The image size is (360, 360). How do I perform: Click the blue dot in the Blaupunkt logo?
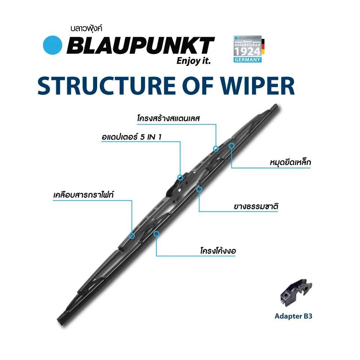[x=52, y=45]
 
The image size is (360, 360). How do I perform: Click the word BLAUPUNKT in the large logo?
[x=141, y=45]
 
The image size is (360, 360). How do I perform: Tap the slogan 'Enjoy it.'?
[x=193, y=61]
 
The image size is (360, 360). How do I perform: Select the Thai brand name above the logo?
[x=86, y=28]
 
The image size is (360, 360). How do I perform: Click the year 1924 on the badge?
[x=247, y=52]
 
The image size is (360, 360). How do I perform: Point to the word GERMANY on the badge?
[x=247, y=60]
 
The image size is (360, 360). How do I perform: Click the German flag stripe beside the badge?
[x=263, y=46]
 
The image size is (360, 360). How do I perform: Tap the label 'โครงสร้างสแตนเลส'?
[x=168, y=118]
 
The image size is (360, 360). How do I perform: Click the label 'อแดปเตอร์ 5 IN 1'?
[x=132, y=137]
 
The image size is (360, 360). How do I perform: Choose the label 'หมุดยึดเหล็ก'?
[x=290, y=162]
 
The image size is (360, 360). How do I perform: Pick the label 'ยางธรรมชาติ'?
[x=256, y=206]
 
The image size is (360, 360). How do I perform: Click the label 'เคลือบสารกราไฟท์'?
[x=83, y=195]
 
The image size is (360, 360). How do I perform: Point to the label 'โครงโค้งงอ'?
[x=218, y=250]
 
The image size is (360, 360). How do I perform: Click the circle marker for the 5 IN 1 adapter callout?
[x=180, y=177]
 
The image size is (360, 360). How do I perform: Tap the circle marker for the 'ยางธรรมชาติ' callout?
[x=199, y=189]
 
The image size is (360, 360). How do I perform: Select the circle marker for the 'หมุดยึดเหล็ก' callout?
[x=231, y=145]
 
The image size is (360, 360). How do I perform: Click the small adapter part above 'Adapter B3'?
[x=295, y=292]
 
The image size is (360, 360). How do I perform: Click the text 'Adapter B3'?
[x=293, y=316]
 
